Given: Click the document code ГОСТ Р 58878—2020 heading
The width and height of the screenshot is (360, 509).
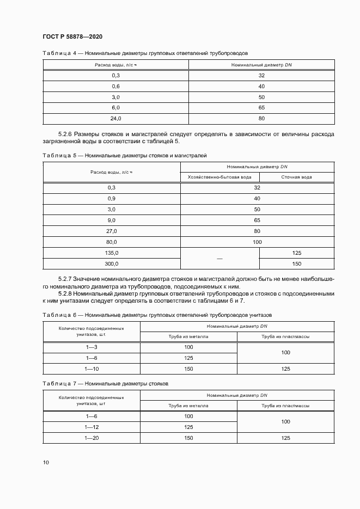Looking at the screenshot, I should [x=72, y=36].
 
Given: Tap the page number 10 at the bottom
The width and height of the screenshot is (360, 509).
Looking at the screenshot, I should [x=46, y=462].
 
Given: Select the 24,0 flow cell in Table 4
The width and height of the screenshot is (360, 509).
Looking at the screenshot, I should [x=115, y=118].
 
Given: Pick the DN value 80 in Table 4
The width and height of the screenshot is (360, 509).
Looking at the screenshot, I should [x=261, y=118].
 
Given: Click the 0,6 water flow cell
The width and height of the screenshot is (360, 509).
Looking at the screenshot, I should [x=115, y=86].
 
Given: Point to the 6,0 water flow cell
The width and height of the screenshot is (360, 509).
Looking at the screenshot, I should [x=115, y=108].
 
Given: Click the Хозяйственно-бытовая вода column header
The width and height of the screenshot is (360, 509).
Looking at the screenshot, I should [x=219, y=177].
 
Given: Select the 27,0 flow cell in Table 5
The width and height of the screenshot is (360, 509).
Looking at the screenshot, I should [x=112, y=231].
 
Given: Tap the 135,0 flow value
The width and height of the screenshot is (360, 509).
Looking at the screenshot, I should [x=112, y=253].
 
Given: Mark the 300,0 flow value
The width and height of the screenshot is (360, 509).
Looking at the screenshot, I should [x=112, y=263].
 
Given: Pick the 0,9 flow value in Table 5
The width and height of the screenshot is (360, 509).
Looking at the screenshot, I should [x=112, y=198].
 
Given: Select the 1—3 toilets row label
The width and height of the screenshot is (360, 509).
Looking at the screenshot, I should [x=91, y=347].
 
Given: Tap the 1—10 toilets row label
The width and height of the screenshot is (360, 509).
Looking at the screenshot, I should [x=91, y=369].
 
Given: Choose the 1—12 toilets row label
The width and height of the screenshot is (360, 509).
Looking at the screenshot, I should [x=91, y=427].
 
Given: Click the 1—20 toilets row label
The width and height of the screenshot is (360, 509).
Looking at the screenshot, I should [x=91, y=438].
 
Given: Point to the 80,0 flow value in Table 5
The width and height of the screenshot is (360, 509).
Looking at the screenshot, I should [x=112, y=242].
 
